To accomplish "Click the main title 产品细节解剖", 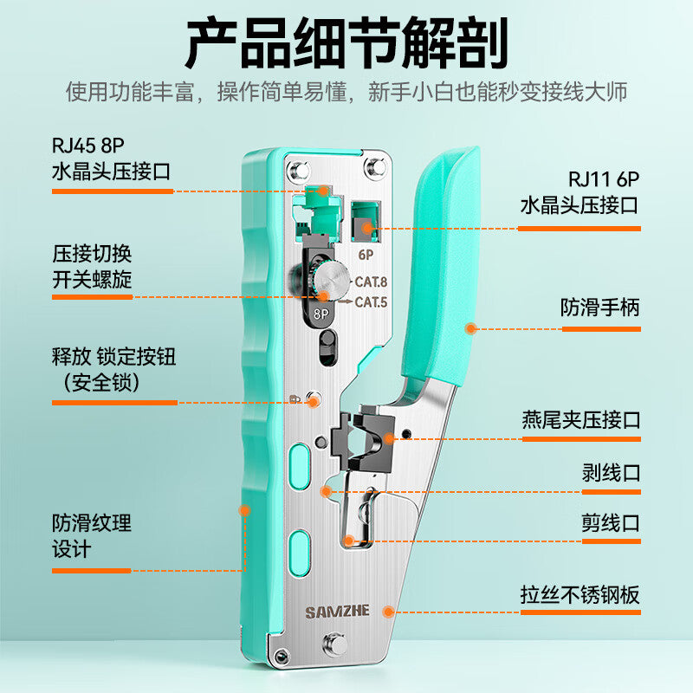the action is (x=346, y=42).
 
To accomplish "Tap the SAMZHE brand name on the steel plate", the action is (x=337, y=612).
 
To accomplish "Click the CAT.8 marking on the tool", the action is (x=371, y=282).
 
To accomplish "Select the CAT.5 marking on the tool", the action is (x=371, y=302).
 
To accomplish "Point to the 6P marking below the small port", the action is (x=366, y=255).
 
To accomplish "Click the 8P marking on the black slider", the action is (x=321, y=314).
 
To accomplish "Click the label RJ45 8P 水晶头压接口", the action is (x=112, y=159).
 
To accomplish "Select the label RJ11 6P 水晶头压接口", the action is (x=580, y=192).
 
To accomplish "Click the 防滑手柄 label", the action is (x=600, y=308).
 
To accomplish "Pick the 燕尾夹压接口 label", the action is (x=581, y=420).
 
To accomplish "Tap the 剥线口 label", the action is (x=612, y=473).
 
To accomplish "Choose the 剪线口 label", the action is (x=612, y=523).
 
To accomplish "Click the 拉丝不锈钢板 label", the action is (x=580, y=595).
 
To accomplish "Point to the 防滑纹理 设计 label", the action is (x=92, y=536).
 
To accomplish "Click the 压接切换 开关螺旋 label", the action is (x=92, y=267).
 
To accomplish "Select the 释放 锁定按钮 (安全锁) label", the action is (x=114, y=369).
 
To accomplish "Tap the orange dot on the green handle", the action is (x=471, y=328).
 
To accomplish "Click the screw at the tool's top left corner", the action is (x=298, y=170).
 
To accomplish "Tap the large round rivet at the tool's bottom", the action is (x=336, y=644).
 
